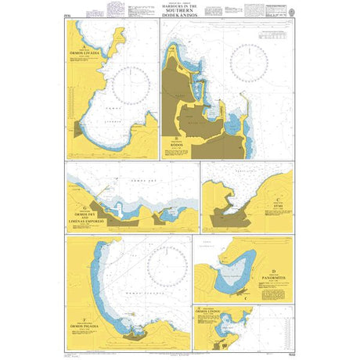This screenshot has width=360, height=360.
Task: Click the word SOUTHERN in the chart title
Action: (x=180, y=13)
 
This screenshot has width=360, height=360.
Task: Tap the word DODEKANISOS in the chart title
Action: (x=180, y=17)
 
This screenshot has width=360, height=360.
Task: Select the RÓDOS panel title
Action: (x=179, y=146)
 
